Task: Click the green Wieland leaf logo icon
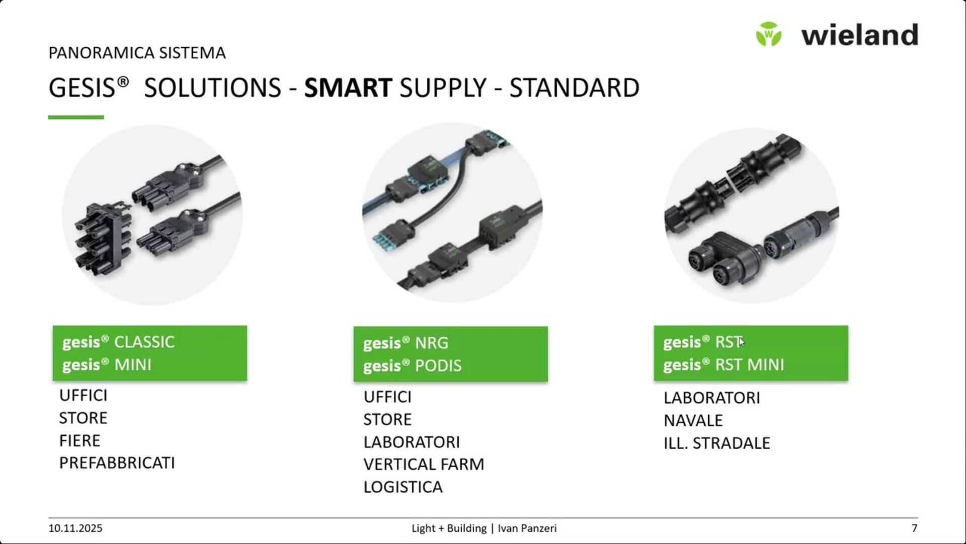pos(768,34)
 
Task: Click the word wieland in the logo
pos(860,35)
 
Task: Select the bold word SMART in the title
pos(348,88)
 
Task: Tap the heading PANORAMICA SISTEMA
pos(137,53)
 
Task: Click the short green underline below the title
pos(76,117)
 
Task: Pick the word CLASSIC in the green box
pos(144,342)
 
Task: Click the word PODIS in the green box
pos(438,366)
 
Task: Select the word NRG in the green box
pos(432,343)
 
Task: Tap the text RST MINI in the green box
pos(750,365)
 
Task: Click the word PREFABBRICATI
pos(117,463)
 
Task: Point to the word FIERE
pos(79,441)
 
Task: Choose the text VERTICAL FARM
pos(424,464)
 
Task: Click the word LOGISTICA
pos(403,487)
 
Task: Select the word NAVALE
pos(693,421)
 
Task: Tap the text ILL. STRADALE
pos(717,443)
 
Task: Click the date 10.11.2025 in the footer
pos(75,528)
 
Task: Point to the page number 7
pos(914,528)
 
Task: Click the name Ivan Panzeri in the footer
pos(527,528)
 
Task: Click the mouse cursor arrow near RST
pos(742,342)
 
